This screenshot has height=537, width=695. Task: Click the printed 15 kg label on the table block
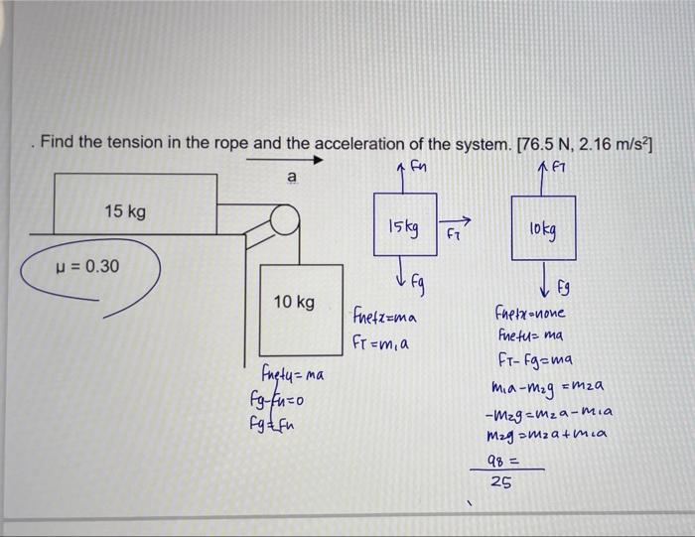point(126,212)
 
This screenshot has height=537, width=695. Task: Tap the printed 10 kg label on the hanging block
point(295,301)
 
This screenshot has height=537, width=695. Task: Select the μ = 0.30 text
point(86,267)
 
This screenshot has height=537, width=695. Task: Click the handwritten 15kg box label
point(402,227)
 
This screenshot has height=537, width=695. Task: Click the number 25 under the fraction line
point(503,483)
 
